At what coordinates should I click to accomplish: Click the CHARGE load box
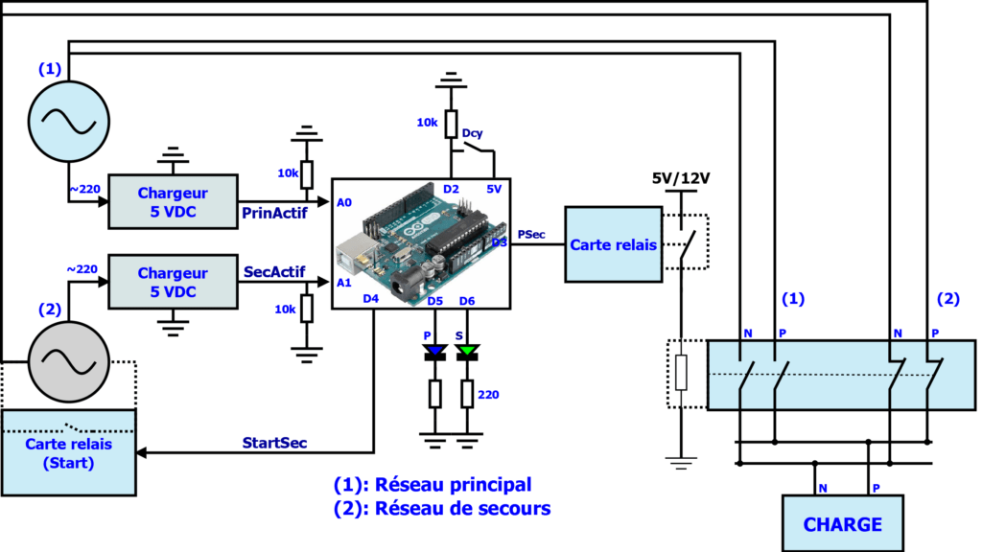pyautogui.click(x=842, y=523)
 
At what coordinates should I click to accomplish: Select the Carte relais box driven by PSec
pyautogui.click(x=614, y=244)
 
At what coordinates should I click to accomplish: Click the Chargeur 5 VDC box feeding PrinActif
pyautogui.click(x=172, y=201)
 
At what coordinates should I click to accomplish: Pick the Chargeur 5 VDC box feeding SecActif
pyautogui.click(x=172, y=282)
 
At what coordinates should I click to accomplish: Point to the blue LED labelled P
pyautogui.click(x=435, y=352)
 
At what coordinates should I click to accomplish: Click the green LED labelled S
pyautogui.click(x=467, y=352)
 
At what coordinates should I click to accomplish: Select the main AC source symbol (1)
pyautogui.click(x=62, y=119)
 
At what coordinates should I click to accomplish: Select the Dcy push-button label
pyautogui.click(x=473, y=133)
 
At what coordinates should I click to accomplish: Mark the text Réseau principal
pyautogui.click(x=453, y=484)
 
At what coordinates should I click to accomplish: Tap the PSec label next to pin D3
pyautogui.click(x=532, y=233)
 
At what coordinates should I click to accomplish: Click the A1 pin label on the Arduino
pyautogui.click(x=344, y=284)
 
